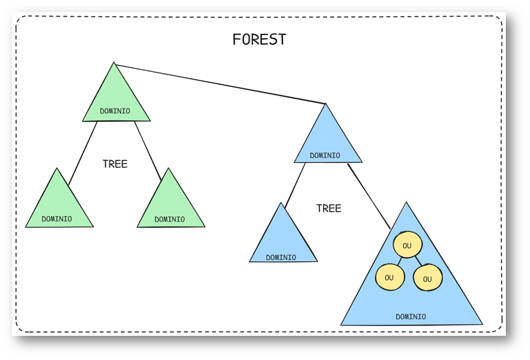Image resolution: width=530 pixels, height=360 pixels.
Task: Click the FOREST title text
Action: tap(260, 40)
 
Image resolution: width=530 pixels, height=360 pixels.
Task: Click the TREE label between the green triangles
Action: tap(115, 164)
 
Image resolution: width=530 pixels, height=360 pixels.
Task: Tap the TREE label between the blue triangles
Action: tap(329, 208)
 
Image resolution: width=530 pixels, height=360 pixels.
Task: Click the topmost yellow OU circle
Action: tap(407, 245)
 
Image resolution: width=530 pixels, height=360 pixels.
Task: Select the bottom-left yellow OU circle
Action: tap(390, 277)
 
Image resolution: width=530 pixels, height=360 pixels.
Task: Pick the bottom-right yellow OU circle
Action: tap(428, 278)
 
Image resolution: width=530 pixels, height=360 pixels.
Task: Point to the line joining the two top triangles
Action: tap(220, 84)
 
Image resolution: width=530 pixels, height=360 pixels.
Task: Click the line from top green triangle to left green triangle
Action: tap(83, 153)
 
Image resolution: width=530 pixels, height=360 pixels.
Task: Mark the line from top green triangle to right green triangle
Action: tap(148, 151)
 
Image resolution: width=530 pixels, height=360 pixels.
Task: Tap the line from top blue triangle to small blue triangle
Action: tap(295, 185)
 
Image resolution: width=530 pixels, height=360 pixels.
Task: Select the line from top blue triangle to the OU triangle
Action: tap(369, 196)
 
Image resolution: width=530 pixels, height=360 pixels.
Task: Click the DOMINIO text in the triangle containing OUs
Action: tap(411, 316)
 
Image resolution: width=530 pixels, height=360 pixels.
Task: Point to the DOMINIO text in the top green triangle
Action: tap(115, 111)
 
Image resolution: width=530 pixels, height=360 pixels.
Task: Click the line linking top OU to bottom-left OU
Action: tap(399, 261)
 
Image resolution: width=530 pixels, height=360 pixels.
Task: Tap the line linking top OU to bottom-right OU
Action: tap(418, 261)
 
